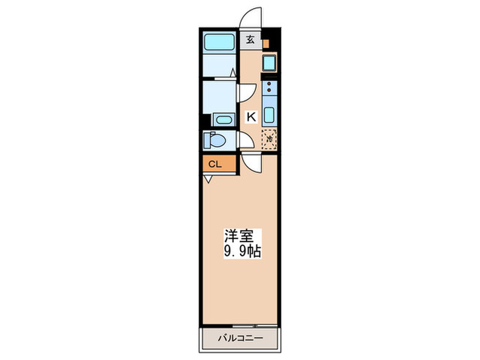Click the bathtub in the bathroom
point(219,41)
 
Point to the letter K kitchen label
point(251,117)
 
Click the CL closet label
point(215,165)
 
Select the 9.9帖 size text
point(239,250)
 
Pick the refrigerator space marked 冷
point(269,138)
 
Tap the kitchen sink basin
point(269,114)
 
